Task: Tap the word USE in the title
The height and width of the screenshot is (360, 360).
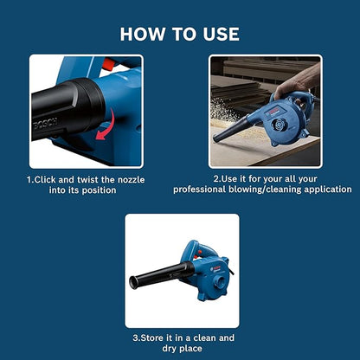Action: (x=218, y=34)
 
